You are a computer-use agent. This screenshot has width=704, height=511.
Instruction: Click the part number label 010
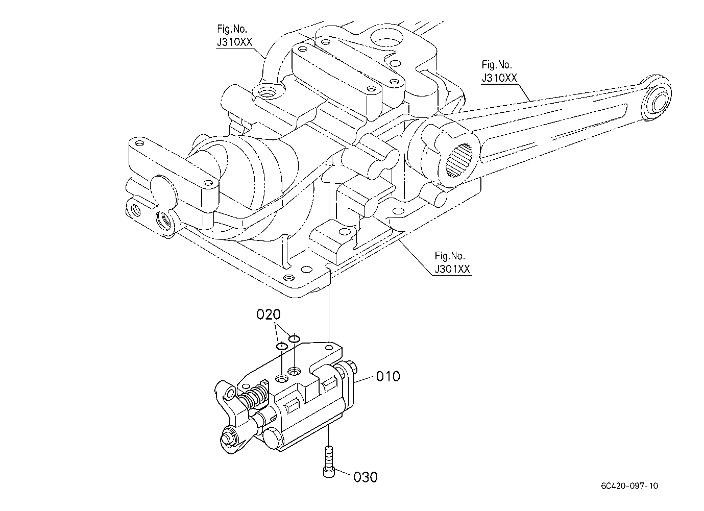click(388, 377)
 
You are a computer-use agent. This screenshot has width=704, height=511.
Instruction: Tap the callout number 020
click(269, 314)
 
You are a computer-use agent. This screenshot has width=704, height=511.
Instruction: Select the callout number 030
click(366, 477)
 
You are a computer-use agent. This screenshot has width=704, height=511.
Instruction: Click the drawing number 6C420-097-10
click(629, 485)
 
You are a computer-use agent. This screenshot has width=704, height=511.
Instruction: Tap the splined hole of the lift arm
click(459, 160)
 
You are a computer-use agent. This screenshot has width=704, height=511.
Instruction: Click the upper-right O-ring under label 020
click(294, 338)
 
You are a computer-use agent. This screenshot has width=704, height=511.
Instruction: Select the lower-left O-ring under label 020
click(282, 346)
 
